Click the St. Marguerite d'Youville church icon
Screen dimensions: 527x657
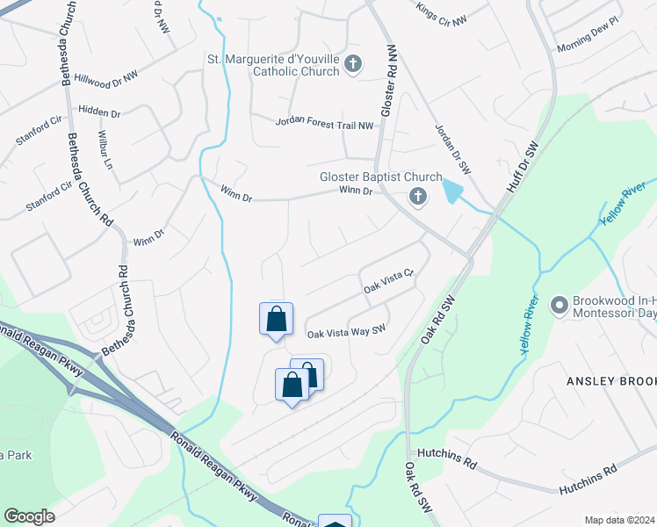click(x=353, y=64)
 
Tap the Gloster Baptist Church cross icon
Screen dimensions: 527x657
click(x=418, y=199)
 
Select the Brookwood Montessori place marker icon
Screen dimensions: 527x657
click(x=558, y=306)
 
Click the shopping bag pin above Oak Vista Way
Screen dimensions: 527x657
click(x=276, y=319)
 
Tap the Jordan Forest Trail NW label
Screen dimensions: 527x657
click(x=325, y=126)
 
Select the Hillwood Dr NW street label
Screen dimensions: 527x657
click(x=106, y=78)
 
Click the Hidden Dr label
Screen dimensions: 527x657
click(x=99, y=112)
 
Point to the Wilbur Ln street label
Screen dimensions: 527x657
click(x=105, y=151)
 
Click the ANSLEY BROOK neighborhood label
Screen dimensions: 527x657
click(x=611, y=380)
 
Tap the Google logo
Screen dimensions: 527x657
click(x=29, y=516)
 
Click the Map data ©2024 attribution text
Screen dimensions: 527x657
click(x=619, y=520)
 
